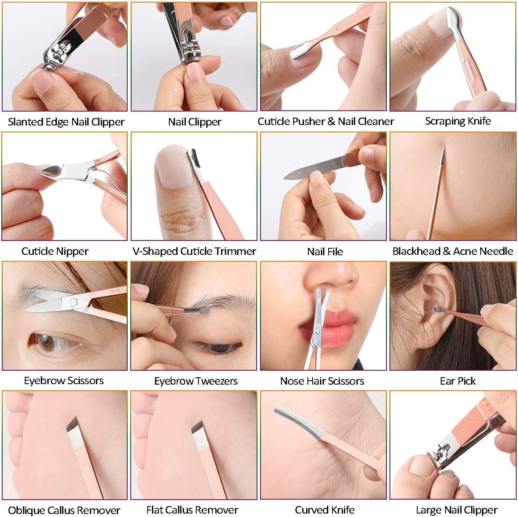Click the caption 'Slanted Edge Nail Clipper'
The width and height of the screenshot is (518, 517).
tap(66, 122)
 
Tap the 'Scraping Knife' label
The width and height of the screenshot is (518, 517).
tap(458, 121)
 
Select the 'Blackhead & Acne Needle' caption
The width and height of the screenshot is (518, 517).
tap(452, 251)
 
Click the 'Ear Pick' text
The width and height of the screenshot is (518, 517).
tap(458, 381)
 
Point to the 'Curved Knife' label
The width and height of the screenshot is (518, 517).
tap(324, 510)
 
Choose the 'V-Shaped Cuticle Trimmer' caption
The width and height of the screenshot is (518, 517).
tap(194, 251)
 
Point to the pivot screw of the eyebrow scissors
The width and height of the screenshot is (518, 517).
tap(73, 302)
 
